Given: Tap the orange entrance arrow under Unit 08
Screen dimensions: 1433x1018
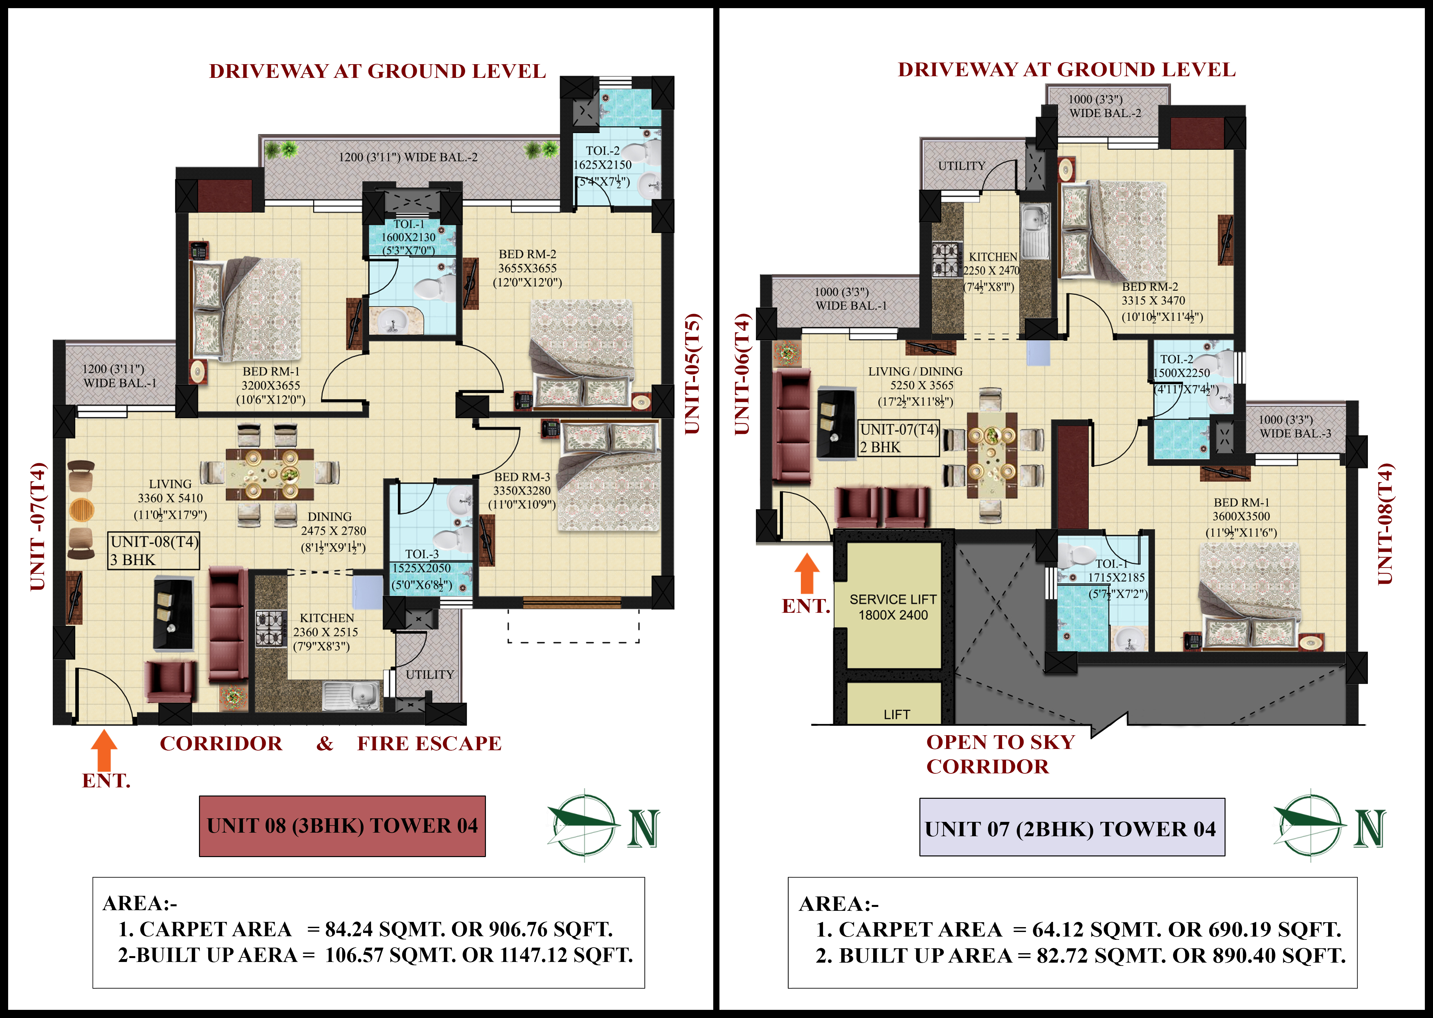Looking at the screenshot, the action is tap(104, 749).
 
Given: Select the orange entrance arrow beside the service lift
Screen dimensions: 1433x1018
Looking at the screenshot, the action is tap(807, 573).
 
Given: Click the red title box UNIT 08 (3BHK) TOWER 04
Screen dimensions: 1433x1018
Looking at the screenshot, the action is tap(342, 825).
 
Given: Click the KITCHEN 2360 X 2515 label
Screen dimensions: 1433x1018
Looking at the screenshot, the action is tap(326, 632).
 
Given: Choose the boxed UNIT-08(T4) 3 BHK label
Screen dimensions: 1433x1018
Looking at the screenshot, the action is tap(153, 551).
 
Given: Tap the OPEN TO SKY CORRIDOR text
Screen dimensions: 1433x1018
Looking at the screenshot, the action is tap(1000, 754).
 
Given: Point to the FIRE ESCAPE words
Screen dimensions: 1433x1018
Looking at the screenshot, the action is tap(429, 743).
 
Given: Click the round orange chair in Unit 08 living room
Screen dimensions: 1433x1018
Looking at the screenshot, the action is tap(81, 509).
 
